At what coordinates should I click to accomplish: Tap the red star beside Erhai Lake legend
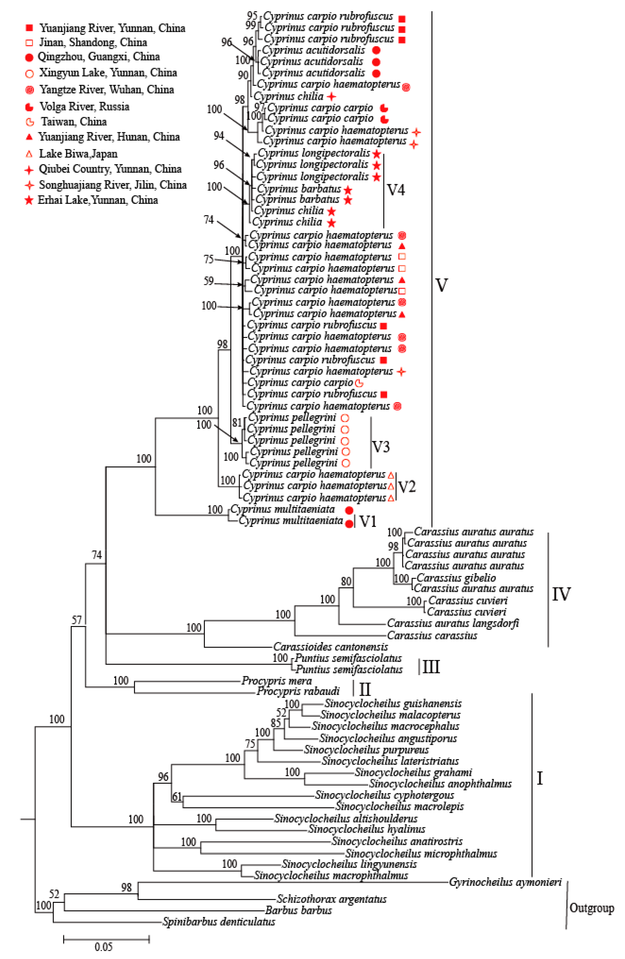click(x=29, y=200)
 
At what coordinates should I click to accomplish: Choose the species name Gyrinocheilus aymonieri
click(x=505, y=882)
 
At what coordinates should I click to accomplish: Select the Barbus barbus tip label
click(x=298, y=910)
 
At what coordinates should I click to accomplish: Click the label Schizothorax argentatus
click(x=331, y=899)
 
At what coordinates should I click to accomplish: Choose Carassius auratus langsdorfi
click(x=453, y=623)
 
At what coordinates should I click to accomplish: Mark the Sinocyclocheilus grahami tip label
click(x=413, y=772)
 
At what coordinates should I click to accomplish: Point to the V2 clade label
click(x=407, y=487)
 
